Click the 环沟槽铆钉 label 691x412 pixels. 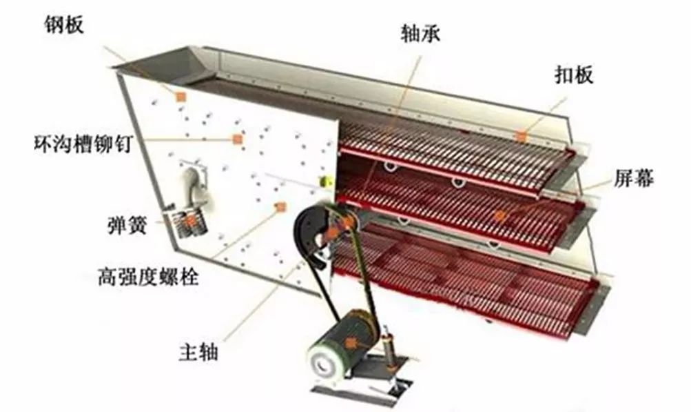(x=81, y=144)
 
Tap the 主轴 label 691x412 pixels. (x=197, y=353)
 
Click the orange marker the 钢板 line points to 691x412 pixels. (x=181, y=97)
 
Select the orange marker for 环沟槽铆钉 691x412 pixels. (x=238, y=139)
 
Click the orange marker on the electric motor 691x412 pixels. (x=352, y=342)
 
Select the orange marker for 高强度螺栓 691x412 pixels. (x=280, y=207)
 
